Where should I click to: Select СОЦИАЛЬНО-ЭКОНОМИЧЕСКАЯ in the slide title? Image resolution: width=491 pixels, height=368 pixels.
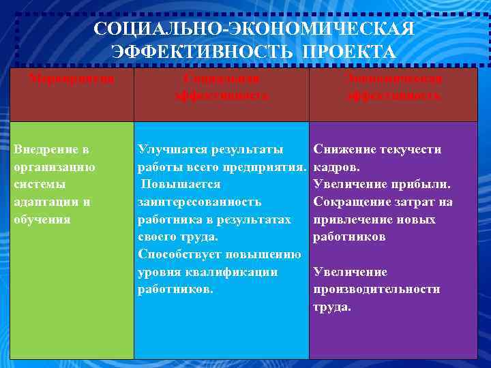tap(254, 30)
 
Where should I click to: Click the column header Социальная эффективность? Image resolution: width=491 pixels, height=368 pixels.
tap(222, 87)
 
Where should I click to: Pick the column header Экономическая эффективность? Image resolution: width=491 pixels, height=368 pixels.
tap(393, 87)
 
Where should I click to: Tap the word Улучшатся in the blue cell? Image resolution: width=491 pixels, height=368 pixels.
tap(170, 149)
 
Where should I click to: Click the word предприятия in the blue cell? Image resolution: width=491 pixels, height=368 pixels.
tap(270, 167)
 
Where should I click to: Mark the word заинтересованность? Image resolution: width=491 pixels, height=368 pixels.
tap(199, 202)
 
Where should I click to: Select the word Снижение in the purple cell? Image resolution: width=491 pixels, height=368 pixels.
tap(343, 149)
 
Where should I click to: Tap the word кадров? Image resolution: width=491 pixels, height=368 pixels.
tap(334, 167)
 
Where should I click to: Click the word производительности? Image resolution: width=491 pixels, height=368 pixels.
tap(376, 290)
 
